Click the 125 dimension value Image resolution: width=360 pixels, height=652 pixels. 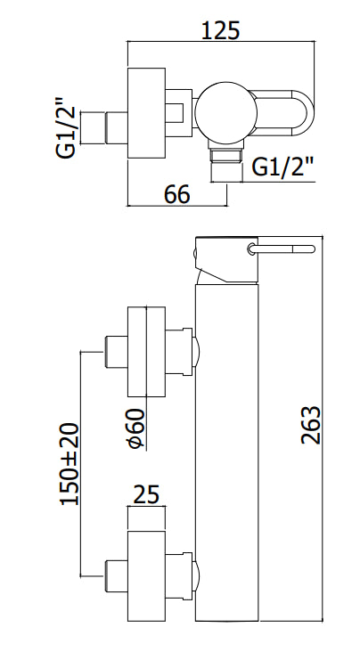[221, 29]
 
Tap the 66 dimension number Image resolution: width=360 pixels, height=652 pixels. [176, 194]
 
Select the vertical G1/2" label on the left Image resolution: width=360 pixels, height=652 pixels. [66, 127]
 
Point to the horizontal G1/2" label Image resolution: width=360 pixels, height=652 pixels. [282, 167]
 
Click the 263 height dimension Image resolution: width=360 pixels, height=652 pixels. [311, 425]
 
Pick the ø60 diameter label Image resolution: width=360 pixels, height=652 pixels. [136, 428]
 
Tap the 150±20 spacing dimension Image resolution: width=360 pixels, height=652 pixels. [70, 464]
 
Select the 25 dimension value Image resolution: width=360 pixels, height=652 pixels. [146, 494]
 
